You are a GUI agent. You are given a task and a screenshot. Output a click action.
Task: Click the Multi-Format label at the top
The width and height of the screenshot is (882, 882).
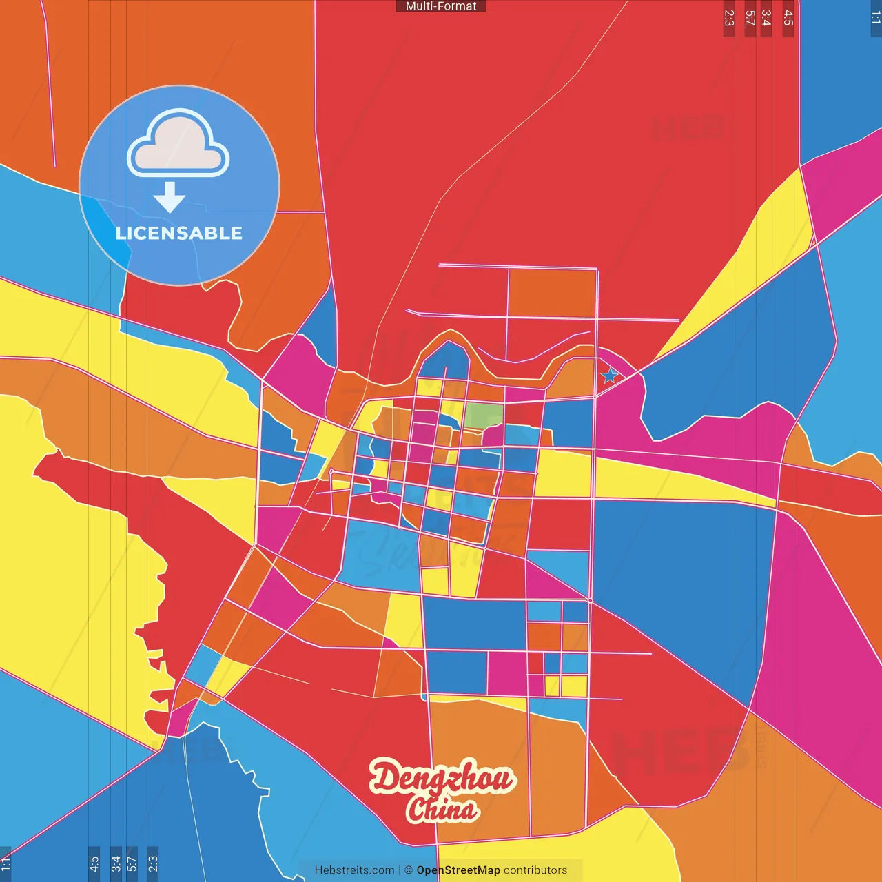[x=441, y=6]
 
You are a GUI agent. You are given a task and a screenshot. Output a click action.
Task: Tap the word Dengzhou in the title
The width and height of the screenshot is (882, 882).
[x=441, y=778]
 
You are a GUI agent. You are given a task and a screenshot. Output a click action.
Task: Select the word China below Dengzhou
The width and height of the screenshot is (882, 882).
[x=442, y=810]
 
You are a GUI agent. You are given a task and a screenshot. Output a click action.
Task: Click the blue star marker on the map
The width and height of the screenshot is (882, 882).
[x=609, y=376]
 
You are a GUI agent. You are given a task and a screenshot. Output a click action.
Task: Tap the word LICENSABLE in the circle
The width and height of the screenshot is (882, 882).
[x=179, y=233]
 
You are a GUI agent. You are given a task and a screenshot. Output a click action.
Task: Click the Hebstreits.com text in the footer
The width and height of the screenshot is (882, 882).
[x=354, y=870]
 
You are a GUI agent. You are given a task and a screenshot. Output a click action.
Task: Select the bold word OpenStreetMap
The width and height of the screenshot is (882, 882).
[x=458, y=870]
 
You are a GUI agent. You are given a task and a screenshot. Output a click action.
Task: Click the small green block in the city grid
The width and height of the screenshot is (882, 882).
[x=484, y=416]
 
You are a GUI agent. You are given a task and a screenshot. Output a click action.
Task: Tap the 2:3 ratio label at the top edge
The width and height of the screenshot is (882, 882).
[x=729, y=18]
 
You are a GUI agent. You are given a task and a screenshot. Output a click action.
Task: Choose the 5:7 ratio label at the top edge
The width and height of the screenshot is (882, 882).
[x=750, y=18]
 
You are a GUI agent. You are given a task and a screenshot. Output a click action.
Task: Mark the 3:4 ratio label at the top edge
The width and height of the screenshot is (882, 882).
[x=766, y=18]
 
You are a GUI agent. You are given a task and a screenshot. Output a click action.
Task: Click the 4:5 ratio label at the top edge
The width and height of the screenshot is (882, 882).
[x=788, y=18]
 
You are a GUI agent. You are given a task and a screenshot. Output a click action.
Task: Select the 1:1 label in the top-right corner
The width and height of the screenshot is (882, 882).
[x=875, y=18]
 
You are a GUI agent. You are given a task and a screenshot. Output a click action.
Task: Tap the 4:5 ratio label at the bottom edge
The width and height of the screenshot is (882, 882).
[x=94, y=863]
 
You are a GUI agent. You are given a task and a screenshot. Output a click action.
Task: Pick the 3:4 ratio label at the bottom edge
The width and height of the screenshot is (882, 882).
[x=116, y=863]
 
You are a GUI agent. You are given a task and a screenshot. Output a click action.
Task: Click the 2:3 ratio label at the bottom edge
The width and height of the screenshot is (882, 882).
[x=153, y=863]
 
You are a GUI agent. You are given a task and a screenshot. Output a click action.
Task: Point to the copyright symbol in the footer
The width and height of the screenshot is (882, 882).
[x=409, y=870]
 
